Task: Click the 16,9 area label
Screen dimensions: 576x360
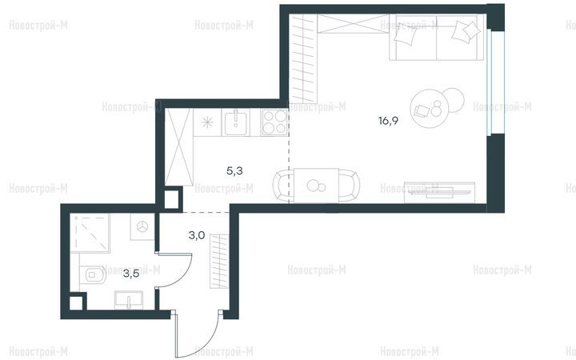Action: [388, 121]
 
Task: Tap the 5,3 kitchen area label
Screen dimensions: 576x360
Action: [234, 170]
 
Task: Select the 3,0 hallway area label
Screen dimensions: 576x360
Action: [197, 235]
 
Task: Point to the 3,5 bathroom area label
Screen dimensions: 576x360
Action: [130, 274]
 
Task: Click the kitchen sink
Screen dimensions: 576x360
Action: [235, 122]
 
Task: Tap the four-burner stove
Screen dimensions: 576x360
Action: [274, 122]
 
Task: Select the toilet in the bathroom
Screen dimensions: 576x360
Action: [93, 274]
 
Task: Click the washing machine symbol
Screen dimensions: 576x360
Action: [142, 226]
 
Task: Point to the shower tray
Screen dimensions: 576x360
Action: [90, 234]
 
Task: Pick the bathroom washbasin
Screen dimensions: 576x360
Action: [129, 300]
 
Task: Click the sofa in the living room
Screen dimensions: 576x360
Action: [437, 38]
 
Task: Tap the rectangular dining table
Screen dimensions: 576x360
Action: [316, 186]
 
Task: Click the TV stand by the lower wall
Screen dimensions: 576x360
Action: [439, 192]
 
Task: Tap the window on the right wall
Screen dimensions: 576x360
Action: [490, 83]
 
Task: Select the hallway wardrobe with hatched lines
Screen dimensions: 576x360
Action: [219, 261]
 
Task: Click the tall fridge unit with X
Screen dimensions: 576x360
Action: [179, 147]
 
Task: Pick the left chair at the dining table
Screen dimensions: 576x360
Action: [283, 186]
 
